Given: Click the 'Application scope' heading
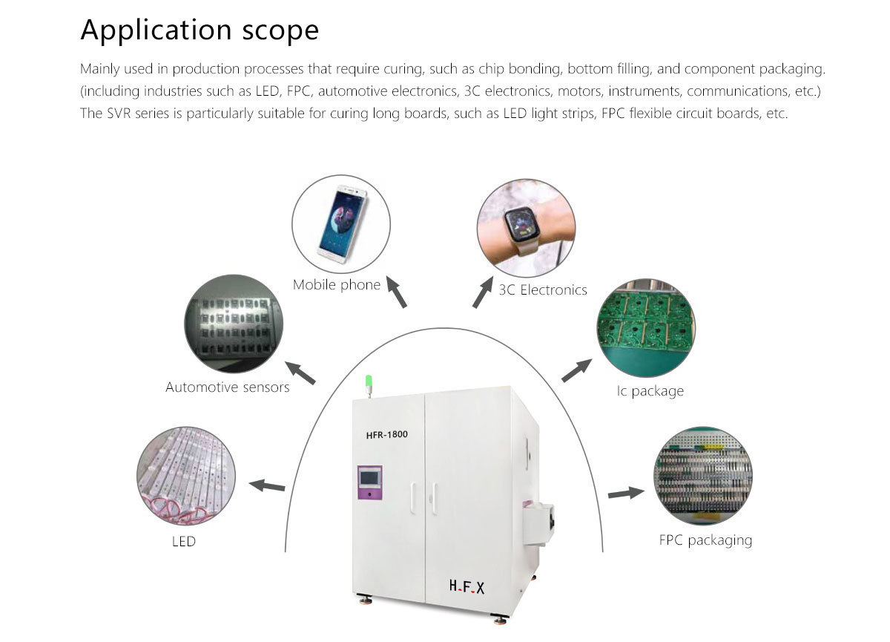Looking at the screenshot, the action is point(200,30).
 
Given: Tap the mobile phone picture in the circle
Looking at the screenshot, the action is point(341,224).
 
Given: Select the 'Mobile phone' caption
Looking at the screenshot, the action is point(337,285).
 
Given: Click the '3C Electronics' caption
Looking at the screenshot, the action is point(543,290).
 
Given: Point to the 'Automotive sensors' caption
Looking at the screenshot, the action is point(227,387).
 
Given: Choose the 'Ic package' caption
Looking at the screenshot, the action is point(650,391).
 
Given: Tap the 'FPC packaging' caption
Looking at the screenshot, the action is point(705,540).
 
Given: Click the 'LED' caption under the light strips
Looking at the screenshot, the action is point(184,541).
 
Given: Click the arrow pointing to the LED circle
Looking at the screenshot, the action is point(267,486).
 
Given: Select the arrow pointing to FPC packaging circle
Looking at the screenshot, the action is point(627,493).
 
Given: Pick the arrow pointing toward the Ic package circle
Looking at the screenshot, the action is point(577,370).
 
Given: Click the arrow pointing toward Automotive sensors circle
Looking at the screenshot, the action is point(300,373).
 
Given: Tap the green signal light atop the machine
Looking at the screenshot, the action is point(369,381).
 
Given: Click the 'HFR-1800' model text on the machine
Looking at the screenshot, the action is point(387,434).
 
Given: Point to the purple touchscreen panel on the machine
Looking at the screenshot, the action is point(369,482).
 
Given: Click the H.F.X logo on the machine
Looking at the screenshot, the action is point(467,587).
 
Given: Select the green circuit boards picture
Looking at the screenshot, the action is point(646,328).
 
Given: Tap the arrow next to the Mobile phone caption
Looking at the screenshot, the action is point(397,292).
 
